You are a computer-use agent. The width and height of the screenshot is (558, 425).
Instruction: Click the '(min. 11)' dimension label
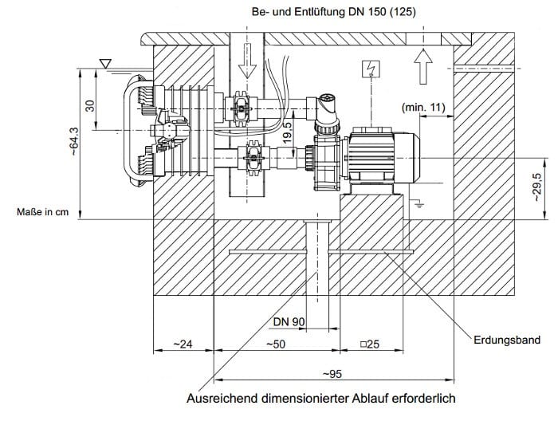[x=422, y=106]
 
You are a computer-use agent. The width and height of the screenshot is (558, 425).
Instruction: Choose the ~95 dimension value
[x=333, y=372]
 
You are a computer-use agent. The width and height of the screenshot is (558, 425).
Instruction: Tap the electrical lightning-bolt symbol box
[x=368, y=69]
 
